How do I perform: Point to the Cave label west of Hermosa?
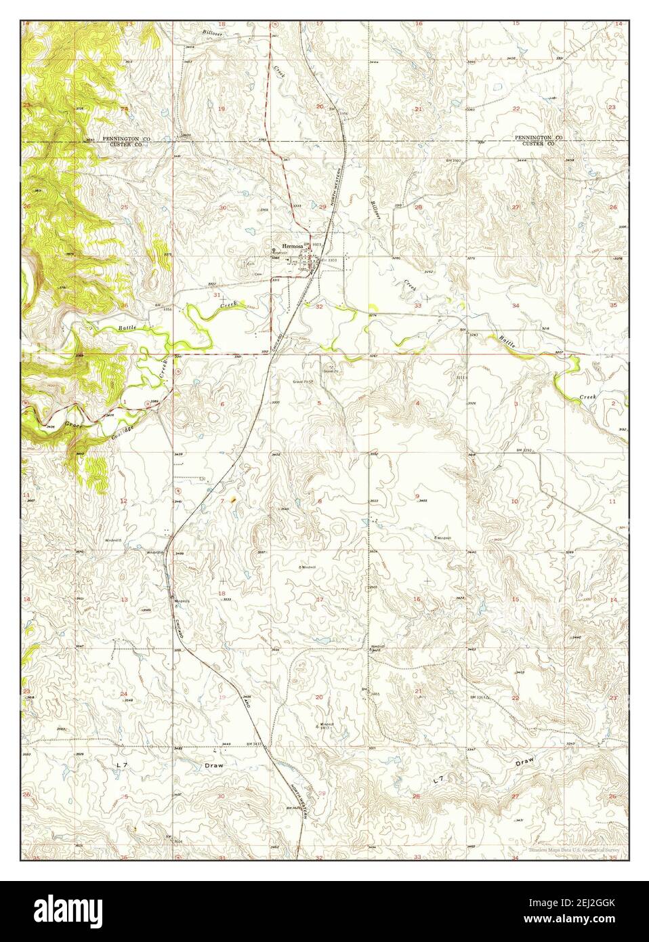tap(257, 274)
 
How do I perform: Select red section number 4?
tap(417, 403)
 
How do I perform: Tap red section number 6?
tap(222, 403)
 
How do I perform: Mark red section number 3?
tap(516, 403)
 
